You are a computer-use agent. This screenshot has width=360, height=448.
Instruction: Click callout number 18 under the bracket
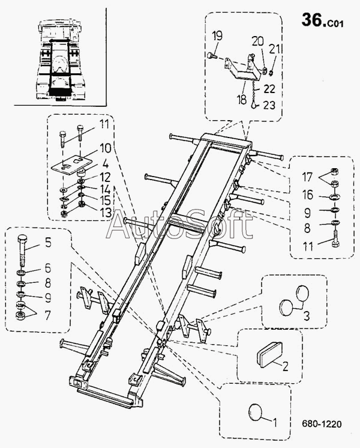[x=242, y=100]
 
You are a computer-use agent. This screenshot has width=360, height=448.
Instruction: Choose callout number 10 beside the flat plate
[x=106, y=147]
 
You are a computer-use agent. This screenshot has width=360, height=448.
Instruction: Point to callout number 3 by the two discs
[x=306, y=316]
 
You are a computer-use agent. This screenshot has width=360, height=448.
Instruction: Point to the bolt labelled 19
[x=211, y=56]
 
